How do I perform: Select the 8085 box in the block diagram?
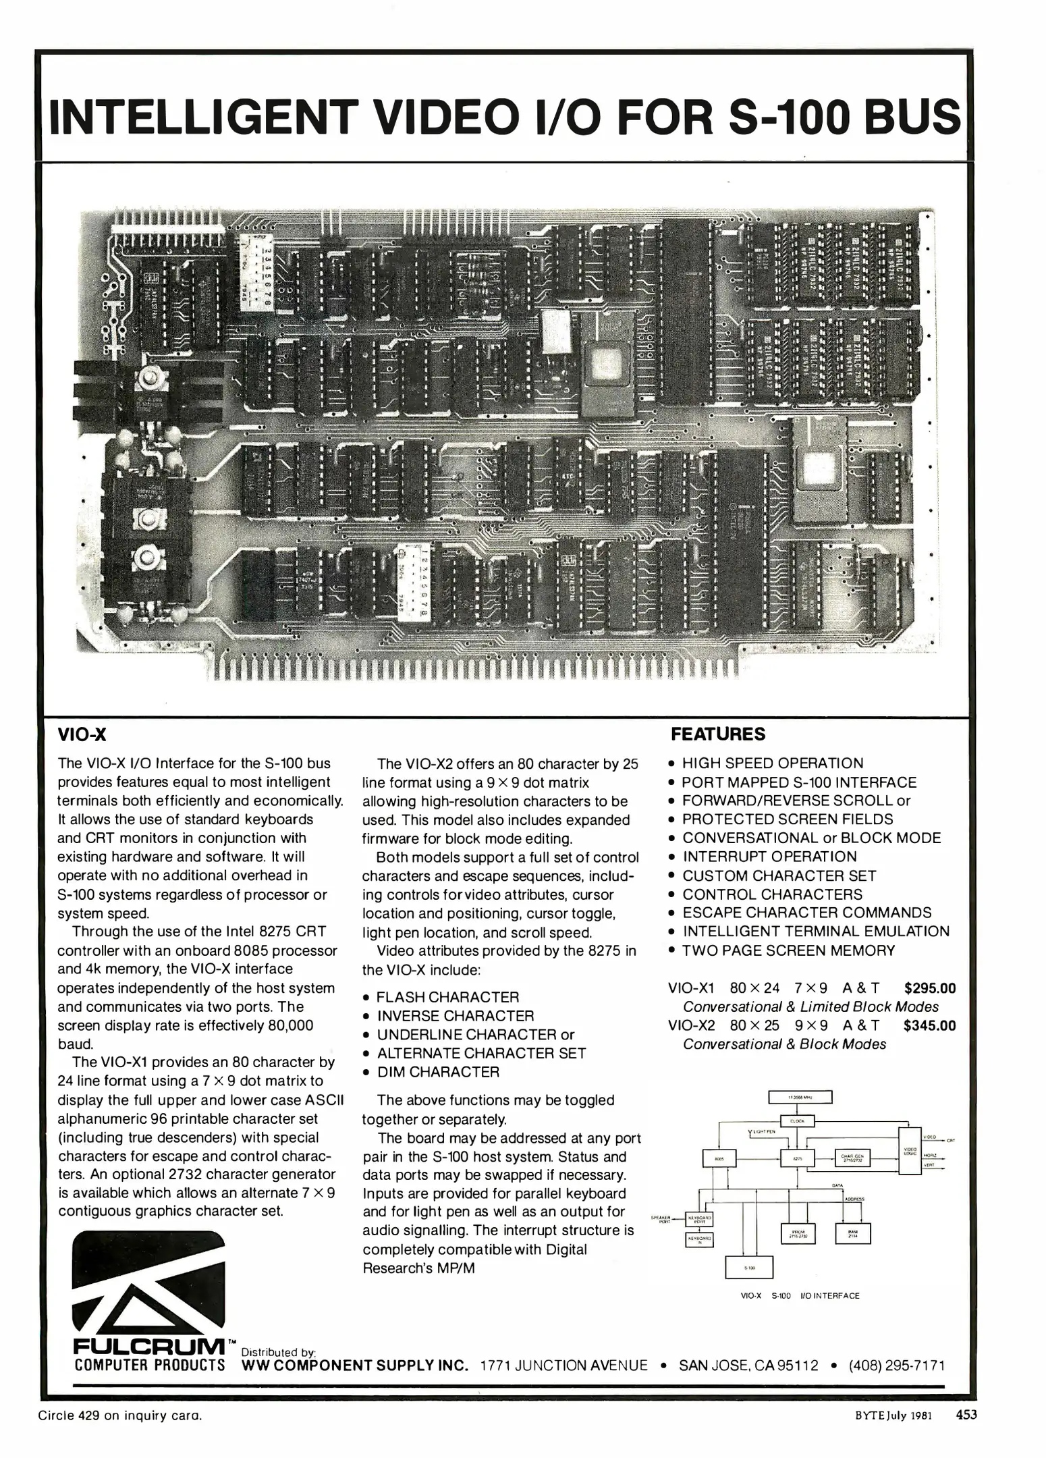pyautogui.click(x=719, y=1158)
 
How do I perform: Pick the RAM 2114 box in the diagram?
pyautogui.click(x=853, y=1234)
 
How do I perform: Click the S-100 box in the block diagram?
pyautogui.click(x=749, y=1268)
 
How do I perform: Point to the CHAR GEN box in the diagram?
pyautogui.click(x=853, y=1158)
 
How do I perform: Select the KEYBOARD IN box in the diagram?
pyautogui.click(x=700, y=1240)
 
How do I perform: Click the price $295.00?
pyautogui.click(x=930, y=988)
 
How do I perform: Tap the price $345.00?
pyautogui.click(x=930, y=1025)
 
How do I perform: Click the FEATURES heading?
pyautogui.click(x=718, y=734)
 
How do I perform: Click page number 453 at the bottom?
pyautogui.click(x=966, y=1415)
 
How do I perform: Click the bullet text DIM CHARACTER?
pyautogui.click(x=438, y=1072)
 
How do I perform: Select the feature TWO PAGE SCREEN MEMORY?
pyautogui.click(x=788, y=950)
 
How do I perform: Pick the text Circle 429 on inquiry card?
pyautogui.click(x=120, y=1415)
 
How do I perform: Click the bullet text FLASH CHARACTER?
pyautogui.click(x=447, y=997)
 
